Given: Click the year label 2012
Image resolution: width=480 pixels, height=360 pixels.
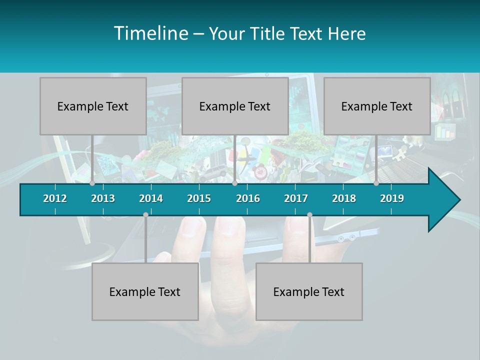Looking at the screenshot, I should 55,198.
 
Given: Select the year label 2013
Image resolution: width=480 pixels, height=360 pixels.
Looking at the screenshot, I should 103,198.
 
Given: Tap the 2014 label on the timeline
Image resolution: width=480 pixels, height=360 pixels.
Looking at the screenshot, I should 151,198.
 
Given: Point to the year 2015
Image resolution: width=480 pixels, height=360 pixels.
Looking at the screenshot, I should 199,198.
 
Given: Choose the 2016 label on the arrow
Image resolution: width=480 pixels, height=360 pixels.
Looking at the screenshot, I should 248,198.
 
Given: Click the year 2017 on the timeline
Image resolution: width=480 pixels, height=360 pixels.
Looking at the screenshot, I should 296,198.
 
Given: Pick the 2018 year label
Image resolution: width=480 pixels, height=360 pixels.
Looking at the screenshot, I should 344,198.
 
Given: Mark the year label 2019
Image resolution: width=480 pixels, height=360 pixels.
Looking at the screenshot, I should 392,198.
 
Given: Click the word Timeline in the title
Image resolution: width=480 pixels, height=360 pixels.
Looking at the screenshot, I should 150,33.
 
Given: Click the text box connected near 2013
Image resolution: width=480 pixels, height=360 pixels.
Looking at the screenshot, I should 93,106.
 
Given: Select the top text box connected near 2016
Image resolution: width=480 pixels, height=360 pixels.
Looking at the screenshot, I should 235,106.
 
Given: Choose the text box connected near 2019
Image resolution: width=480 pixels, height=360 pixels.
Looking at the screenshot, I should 377,106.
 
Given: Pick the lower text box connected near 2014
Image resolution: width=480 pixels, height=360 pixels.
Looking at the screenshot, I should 145,291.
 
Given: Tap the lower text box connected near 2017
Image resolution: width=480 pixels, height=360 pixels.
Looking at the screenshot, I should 309,291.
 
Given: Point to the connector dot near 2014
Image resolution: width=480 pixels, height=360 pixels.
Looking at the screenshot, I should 145,214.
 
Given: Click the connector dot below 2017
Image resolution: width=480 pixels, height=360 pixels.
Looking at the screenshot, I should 309,214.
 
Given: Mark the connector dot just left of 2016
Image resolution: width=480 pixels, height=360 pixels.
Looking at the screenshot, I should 234,183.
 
